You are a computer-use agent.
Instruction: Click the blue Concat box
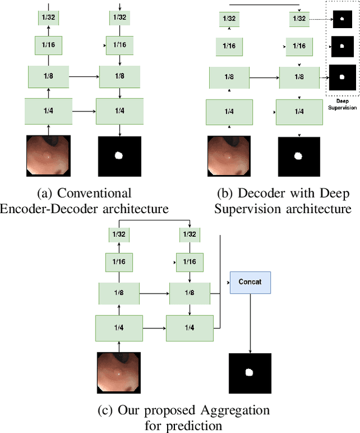coord(250,282)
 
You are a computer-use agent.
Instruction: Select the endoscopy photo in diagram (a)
coord(48,156)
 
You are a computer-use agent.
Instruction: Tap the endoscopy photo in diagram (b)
coord(229,157)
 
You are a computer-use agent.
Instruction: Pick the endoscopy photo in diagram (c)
coord(119,372)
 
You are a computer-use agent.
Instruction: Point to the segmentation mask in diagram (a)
coord(119,156)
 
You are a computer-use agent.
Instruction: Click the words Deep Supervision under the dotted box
coord(341,103)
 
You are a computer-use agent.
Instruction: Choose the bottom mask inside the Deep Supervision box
coord(342,76)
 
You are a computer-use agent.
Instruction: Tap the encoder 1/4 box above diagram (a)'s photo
coord(48,111)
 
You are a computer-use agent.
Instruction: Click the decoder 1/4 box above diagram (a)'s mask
coord(119,111)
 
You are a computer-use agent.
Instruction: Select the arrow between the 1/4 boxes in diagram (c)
coord(154,328)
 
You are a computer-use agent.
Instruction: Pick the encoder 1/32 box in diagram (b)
coord(229,19)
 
